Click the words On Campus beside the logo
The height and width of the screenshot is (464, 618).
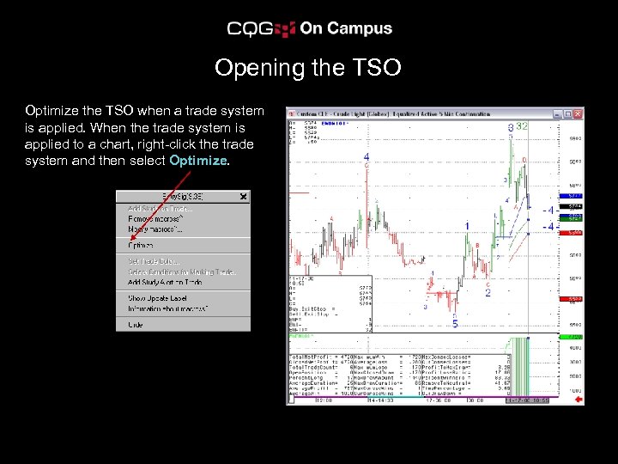pyautogui.click(x=346, y=28)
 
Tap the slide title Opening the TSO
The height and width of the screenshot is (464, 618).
pyautogui.click(x=308, y=67)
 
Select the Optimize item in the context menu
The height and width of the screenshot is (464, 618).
pyautogui.click(x=142, y=245)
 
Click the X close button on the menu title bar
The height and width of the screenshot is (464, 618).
pyautogui.click(x=244, y=197)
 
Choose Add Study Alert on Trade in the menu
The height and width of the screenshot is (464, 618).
pyautogui.click(x=166, y=282)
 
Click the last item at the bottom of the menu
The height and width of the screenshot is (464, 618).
pyautogui.click(x=136, y=325)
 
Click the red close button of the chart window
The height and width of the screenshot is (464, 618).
pyautogui.click(x=578, y=113)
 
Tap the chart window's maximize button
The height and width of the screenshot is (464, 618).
pyautogui.click(x=567, y=113)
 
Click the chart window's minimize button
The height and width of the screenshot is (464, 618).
pyautogui.click(x=557, y=113)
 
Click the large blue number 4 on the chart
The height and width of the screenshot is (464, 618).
pyautogui.click(x=367, y=157)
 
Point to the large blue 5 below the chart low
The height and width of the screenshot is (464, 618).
pyautogui.click(x=455, y=324)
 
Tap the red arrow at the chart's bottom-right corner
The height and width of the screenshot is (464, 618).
pyautogui.click(x=579, y=400)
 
